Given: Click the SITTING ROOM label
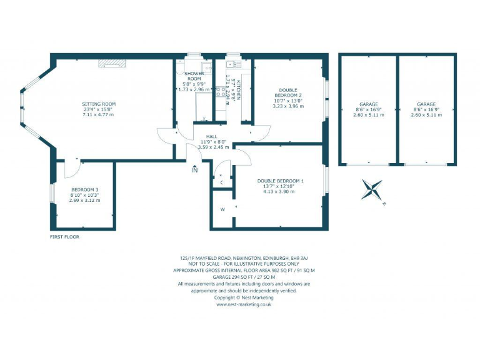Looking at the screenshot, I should tap(99, 103).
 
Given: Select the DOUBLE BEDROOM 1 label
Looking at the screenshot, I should tap(280, 181).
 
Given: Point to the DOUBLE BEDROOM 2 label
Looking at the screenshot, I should tap(288, 92).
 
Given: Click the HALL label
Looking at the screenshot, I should tap(213, 136).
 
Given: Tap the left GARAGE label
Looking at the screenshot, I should tap(367, 104).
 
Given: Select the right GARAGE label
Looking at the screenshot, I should tap(426, 104).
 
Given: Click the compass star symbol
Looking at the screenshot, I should tap(371, 189).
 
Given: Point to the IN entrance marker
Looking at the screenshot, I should tap(194, 169).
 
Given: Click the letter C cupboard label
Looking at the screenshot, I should tap(221, 182).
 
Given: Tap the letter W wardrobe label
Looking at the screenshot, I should tap(222, 209).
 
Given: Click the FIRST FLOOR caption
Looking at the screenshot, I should tap(65, 237).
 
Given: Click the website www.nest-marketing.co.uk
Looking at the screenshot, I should tap(244, 304).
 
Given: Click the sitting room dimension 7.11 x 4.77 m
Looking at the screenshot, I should tap(99, 116).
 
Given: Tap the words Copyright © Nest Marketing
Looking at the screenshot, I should tap(244, 297).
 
